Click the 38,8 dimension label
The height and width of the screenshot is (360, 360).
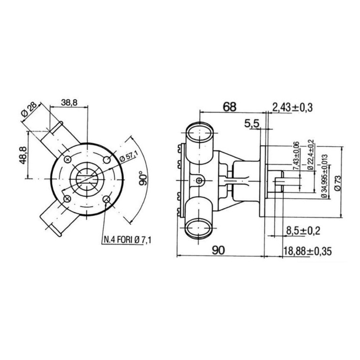coord(69,102)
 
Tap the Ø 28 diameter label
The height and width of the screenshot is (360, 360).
coord(29,109)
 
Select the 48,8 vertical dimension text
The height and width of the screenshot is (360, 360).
coord(22,156)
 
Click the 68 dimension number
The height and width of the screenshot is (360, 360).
coord(230,107)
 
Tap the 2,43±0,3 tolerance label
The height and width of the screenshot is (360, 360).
coord(292,107)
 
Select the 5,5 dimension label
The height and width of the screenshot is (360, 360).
coord(252,124)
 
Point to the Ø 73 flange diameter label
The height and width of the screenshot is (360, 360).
coord(337,183)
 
